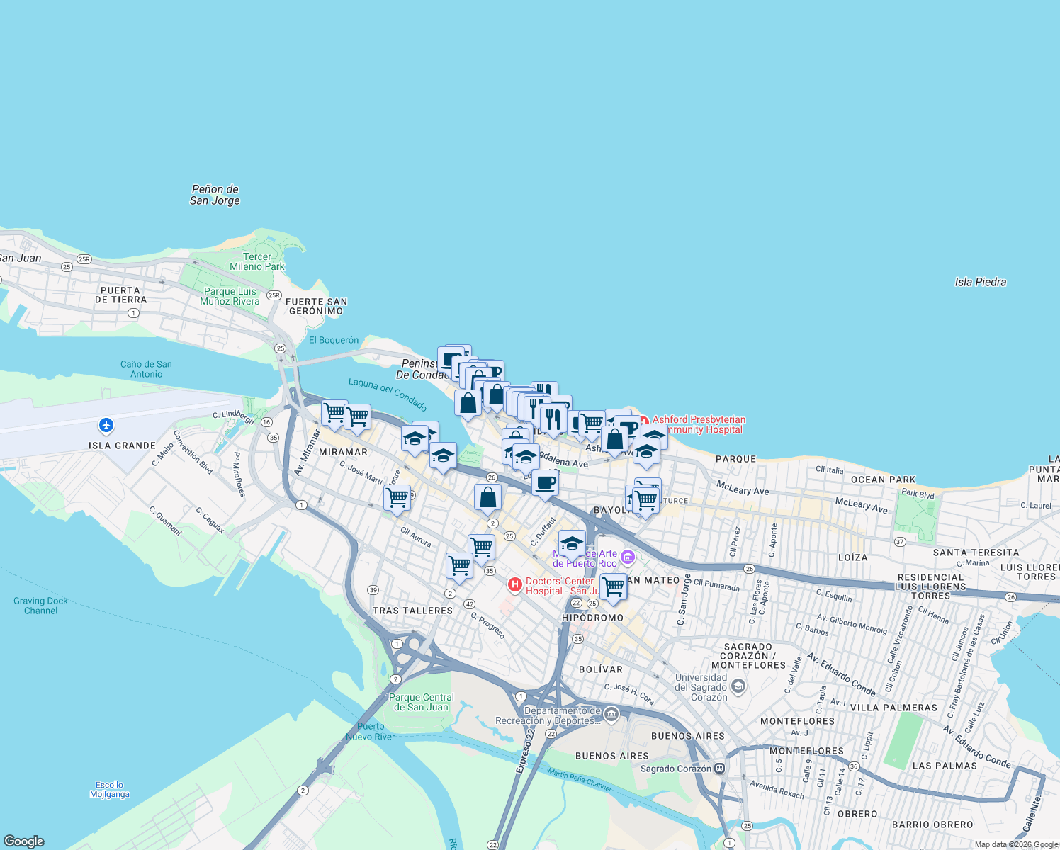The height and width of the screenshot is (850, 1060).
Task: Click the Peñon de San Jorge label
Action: pos(215,195)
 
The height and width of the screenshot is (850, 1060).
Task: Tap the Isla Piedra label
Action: pos(980,282)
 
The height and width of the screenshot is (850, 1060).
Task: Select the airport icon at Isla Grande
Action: pos(106,425)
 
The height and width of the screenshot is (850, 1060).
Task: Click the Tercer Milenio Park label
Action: pos(256,261)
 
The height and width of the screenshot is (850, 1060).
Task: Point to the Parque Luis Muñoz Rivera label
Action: pos(230,296)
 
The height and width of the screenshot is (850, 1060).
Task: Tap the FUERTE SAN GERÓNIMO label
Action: pos(316,306)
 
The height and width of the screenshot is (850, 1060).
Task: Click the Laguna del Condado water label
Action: pos(388,395)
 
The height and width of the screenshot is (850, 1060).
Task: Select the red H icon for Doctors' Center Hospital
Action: pos(515,585)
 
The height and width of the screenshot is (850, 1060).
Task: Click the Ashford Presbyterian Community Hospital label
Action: pos(699,424)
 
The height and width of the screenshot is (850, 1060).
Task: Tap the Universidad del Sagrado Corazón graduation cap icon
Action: pos(738,686)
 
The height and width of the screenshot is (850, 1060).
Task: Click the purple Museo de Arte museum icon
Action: pos(628,559)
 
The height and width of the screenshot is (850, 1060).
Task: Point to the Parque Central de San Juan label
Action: pos(421,702)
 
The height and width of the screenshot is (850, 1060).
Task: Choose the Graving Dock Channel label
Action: pos(40,606)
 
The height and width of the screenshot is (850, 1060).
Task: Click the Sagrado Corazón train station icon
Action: pos(720,768)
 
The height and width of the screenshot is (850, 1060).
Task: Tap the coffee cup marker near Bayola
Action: pos(545,483)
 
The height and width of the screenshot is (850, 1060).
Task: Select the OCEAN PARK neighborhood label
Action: pos(883,480)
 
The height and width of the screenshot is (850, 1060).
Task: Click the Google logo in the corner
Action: pos(24,841)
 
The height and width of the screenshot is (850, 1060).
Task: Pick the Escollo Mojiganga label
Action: pos(110,789)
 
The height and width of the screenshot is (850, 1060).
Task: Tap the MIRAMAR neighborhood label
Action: pos(343,452)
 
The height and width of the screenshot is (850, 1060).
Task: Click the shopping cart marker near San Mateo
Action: pos(614,586)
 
